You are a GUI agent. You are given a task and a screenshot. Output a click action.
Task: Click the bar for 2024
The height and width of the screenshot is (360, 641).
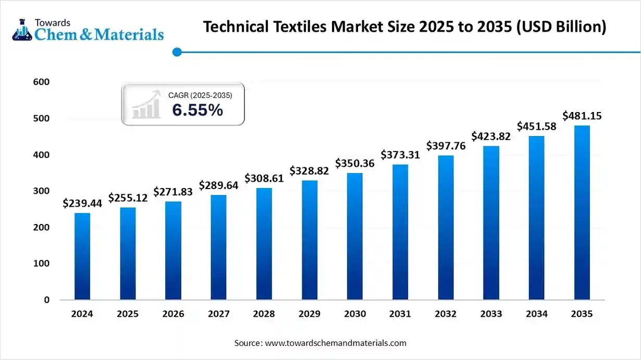[x=82, y=256]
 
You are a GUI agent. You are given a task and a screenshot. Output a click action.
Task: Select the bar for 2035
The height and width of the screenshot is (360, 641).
[x=582, y=213]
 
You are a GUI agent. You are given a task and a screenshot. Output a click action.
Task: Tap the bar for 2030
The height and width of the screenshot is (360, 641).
[x=355, y=237]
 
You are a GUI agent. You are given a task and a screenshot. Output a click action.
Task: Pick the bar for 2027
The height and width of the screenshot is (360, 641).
[x=218, y=247]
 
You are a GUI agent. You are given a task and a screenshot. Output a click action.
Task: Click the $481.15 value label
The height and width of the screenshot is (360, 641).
[x=582, y=116]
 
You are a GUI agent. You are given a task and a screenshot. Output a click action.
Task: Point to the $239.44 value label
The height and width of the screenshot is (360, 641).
[x=82, y=203]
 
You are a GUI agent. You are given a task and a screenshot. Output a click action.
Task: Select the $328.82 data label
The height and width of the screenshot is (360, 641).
[x=310, y=171]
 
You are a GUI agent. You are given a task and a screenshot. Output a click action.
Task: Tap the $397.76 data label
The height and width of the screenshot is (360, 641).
[x=446, y=146]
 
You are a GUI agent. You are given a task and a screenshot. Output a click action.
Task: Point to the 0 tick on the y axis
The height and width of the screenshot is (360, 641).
[x=47, y=300]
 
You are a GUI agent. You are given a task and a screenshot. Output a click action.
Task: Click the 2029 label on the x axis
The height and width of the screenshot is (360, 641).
[x=310, y=314]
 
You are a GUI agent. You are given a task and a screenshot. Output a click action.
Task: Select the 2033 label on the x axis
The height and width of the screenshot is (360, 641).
[x=491, y=314]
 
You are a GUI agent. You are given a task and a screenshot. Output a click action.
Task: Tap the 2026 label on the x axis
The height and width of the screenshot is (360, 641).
[x=173, y=314]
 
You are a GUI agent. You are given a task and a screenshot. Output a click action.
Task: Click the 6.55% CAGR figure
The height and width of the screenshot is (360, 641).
[x=198, y=110]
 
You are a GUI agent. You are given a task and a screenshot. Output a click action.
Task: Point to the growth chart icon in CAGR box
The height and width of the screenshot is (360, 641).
[x=146, y=104]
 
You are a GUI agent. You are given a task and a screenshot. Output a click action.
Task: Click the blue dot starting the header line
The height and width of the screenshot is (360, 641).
[x=177, y=52]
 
